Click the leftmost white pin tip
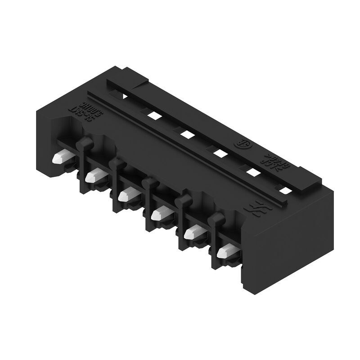click(59, 158)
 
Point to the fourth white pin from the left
click(158, 214)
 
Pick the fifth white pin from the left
click(191, 233)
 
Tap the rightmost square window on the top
click(283, 189)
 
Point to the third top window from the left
click(186, 134)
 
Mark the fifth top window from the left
click(252, 172)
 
